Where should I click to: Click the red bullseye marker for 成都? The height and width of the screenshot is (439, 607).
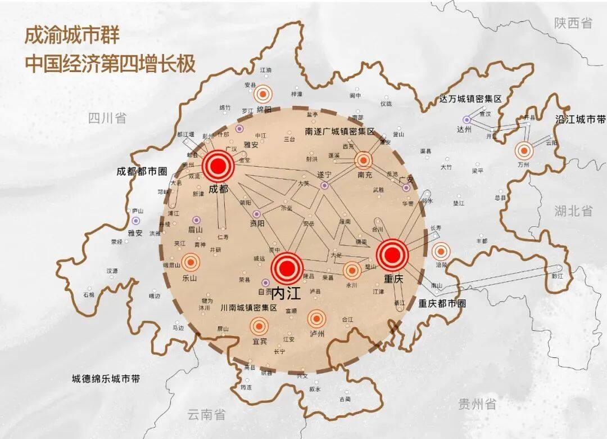(x=218, y=165)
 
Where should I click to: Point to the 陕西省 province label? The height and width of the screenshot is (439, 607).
(x=573, y=23)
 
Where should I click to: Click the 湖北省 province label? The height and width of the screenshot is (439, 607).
(x=573, y=211)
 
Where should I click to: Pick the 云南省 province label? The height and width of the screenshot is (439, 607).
(x=206, y=415)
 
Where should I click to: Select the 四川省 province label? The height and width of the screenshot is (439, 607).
(x=107, y=118)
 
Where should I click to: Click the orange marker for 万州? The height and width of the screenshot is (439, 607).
(x=524, y=150)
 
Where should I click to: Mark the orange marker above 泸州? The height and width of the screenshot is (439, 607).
(x=316, y=319)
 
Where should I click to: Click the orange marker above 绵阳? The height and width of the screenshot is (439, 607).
(x=263, y=94)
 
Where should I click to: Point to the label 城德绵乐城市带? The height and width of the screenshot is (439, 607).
(x=106, y=379)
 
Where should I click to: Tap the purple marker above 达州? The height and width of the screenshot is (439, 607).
(x=466, y=119)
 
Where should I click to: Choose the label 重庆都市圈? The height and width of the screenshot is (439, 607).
(x=442, y=303)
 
